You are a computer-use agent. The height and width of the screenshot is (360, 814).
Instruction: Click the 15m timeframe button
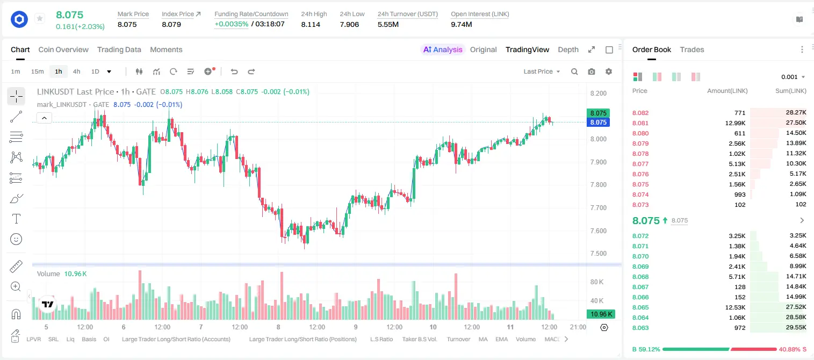pyautogui.click(x=37, y=71)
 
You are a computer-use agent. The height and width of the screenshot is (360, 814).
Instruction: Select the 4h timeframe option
pyautogui.click(x=76, y=71)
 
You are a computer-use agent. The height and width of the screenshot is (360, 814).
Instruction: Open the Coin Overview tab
pyautogui.click(x=63, y=49)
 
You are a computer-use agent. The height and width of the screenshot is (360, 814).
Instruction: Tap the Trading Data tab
pyautogui.click(x=119, y=49)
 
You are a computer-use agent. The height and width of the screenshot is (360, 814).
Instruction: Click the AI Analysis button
pyautogui.click(x=443, y=49)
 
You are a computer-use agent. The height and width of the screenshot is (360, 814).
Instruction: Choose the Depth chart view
pyautogui.click(x=568, y=49)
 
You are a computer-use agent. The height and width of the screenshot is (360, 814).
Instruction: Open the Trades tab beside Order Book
pyautogui.click(x=692, y=49)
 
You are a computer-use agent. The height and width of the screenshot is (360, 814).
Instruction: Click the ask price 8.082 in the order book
pyautogui.click(x=640, y=113)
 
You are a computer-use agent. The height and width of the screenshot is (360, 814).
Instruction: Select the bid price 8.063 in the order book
pyautogui.click(x=640, y=328)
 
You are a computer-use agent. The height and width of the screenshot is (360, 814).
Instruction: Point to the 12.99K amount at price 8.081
pyautogui.click(x=735, y=123)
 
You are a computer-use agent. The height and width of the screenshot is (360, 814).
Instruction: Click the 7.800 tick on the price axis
pyautogui.click(x=599, y=184)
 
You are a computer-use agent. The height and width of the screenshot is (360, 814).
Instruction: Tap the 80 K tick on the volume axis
pyautogui.click(x=597, y=282)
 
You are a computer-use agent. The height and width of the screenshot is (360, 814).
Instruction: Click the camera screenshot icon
pyautogui.click(x=592, y=71)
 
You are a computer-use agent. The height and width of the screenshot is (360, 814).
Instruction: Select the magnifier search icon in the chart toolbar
pyautogui.click(x=574, y=71)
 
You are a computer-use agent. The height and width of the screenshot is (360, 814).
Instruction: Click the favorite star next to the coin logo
pyautogui.click(x=40, y=18)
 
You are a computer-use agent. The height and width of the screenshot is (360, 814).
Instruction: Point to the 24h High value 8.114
pyautogui.click(x=311, y=24)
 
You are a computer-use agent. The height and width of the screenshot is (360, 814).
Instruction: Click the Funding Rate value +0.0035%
pyautogui.click(x=232, y=24)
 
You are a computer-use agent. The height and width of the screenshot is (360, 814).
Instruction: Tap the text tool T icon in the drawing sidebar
pyautogui.click(x=16, y=219)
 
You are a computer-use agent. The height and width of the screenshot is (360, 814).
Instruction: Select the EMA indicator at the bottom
pyautogui.click(x=501, y=339)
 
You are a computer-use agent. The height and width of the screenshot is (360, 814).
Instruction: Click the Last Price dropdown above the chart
pyautogui.click(x=542, y=71)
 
